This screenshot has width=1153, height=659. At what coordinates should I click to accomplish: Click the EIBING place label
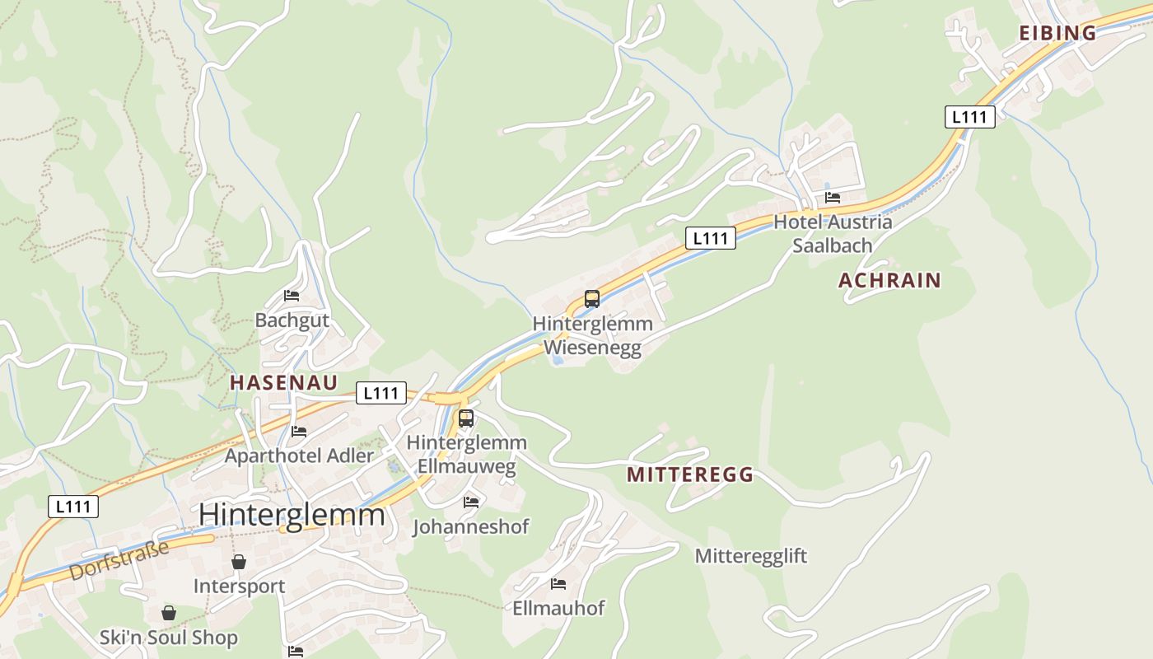(1057, 33)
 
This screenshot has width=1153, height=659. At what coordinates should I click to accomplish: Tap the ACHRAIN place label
(889, 280)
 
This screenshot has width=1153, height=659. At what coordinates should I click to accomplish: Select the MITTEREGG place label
(689, 474)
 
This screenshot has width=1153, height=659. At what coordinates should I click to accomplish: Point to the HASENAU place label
(283, 382)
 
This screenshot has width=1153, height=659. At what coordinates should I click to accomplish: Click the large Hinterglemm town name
(292, 514)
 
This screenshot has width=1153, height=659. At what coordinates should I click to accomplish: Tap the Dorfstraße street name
(119, 560)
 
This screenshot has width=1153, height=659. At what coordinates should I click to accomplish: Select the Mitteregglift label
(751, 556)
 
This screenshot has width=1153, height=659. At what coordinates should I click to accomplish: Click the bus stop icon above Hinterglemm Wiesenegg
(592, 299)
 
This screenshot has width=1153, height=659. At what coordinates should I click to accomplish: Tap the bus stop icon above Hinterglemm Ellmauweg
(466, 418)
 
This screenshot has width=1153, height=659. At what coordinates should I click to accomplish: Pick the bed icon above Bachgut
(292, 296)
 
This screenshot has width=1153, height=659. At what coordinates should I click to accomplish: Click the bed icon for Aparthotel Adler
(299, 432)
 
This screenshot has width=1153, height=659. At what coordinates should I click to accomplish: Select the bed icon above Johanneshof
(471, 502)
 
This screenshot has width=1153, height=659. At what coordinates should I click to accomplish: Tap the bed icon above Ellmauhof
(558, 584)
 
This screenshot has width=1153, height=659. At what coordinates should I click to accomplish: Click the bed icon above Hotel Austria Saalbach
(833, 198)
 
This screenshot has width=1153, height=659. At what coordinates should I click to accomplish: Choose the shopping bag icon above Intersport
(239, 562)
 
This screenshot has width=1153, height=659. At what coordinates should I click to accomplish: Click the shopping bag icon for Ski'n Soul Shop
(169, 613)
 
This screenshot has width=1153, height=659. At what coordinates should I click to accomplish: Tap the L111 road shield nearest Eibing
(969, 117)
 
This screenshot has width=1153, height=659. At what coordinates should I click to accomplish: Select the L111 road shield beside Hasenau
(381, 393)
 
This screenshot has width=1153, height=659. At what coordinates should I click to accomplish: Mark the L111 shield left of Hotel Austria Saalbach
(710, 238)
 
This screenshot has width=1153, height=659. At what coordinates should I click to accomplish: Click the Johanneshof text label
(471, 526)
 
